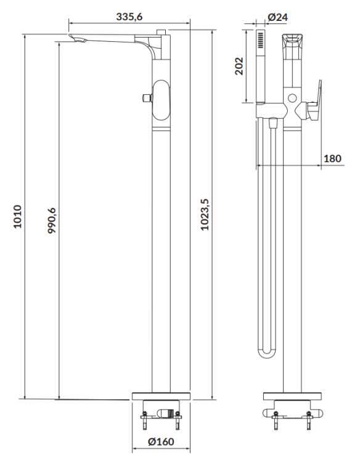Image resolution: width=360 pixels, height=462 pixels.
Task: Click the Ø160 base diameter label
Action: pyautogui.click(x=162, y=442)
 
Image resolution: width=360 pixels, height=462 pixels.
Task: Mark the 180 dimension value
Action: pyautogui.click(x=332, y=158)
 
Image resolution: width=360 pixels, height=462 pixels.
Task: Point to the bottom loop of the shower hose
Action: pyautogui.click(x=266, y=352)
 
